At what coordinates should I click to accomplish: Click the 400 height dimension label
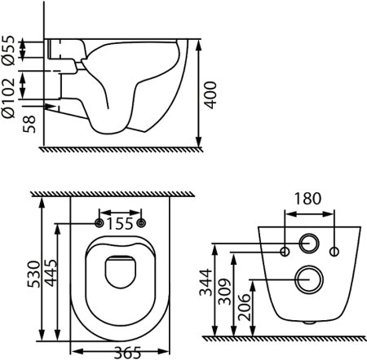[x=210, y=94]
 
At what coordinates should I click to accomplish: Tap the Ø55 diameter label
[x=8, y=50]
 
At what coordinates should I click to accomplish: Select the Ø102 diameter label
[x=8, y=98]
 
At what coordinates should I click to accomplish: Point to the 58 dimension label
[x=29, y=124]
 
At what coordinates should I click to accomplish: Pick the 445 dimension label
[x=51, y=273]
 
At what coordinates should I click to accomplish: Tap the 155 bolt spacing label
[x=120, y=224]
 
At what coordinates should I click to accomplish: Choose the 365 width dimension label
[x=127, y=353]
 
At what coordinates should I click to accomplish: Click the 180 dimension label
[x=307, y=199]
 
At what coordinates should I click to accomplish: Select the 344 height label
[x=206, y=282]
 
